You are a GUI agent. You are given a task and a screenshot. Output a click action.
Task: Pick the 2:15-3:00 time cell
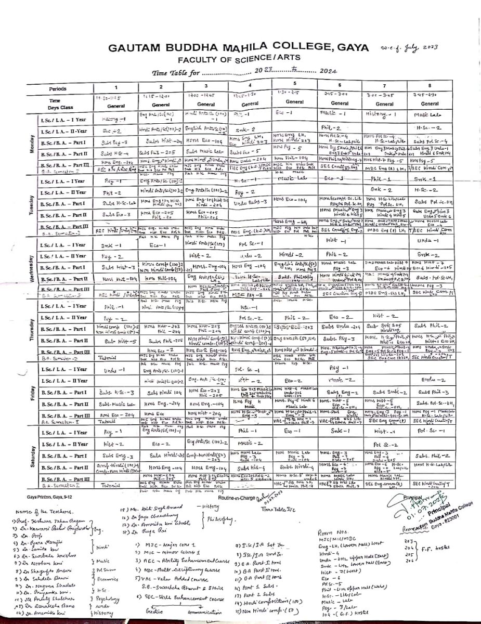coord(340,95)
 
